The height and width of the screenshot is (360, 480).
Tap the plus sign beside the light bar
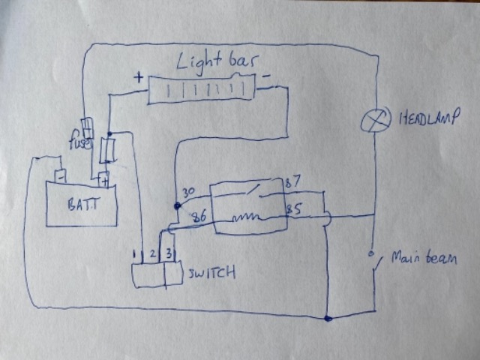(x=138, y=76)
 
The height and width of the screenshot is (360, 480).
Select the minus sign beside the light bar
(x=266, y=76)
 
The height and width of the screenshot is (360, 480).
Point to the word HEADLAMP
(x=429, y=118)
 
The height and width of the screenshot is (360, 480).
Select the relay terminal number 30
(x=190, y=193)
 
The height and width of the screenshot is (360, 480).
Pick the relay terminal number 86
(x=199, y=217)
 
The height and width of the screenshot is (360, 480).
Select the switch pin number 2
(x=154, y=255)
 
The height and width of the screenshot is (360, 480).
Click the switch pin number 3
(x=169, y=253)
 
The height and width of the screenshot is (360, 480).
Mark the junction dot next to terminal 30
(x=177, y=205)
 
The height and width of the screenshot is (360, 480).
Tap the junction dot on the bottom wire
(x=328, y=319)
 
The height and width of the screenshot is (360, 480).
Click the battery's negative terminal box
(x=58, y=177)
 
